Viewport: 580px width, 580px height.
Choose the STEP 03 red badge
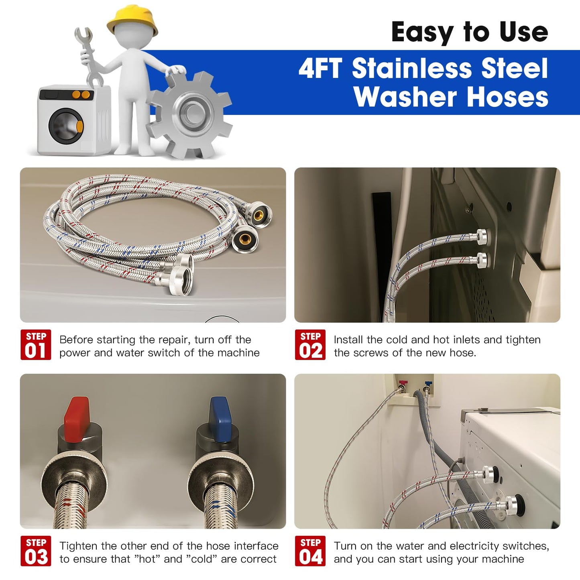pos(36,551)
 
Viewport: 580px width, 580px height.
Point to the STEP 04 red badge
pos(310,551)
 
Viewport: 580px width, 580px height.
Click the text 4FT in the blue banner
pos(320,69)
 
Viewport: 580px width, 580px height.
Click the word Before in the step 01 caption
pos(76,340)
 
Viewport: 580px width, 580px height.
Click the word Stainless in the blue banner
pos(411,69)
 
